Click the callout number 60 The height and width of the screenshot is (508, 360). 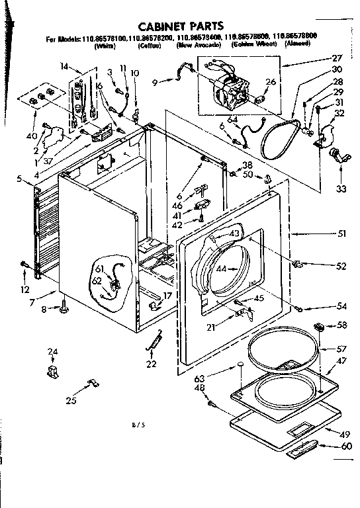pos(345,446)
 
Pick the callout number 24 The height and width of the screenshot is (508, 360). pos(54,351)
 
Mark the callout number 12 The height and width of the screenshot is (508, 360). pos(24,290)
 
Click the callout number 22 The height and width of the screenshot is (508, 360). pos(152,364)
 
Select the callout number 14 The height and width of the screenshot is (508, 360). pos(64,67)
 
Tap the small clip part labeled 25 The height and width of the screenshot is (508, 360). pos(92,383)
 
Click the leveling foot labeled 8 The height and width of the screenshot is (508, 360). pos(66,306)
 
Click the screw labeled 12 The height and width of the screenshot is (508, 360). pos(24,265)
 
